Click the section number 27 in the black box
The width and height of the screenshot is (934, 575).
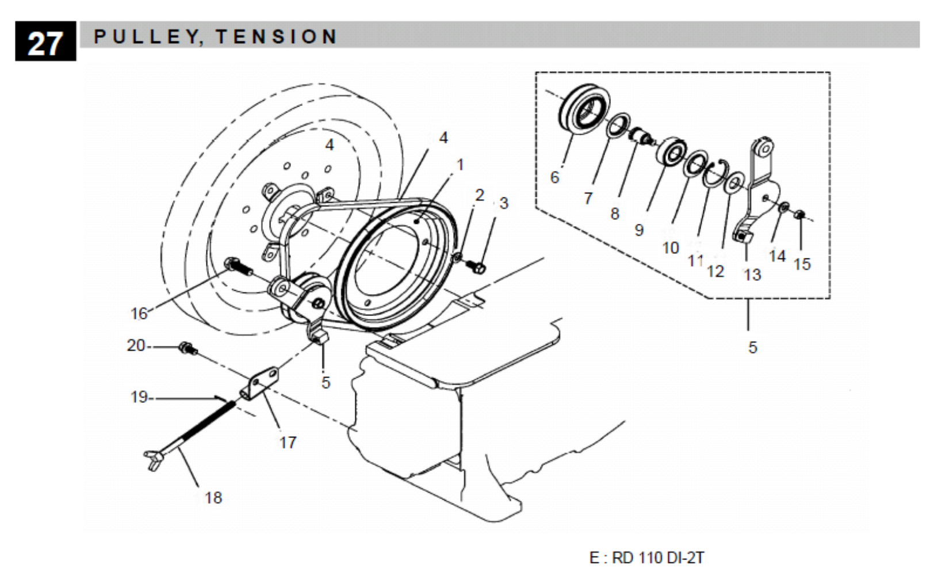(45, 42)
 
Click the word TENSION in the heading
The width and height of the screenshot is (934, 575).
(277, 37)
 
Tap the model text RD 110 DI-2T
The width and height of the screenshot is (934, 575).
(658, 558)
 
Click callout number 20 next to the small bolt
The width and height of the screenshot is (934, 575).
(136, 345)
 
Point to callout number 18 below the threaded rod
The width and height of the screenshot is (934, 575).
(213, 498)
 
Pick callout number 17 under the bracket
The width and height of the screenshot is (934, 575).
(288, 443)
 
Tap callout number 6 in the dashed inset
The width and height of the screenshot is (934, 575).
(554, 177)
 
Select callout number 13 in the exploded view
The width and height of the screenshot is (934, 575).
(752, 275)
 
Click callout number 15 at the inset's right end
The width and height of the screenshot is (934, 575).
(802, 264)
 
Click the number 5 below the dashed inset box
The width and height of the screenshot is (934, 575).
(753, 348)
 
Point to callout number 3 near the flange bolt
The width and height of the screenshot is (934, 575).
(504, 203)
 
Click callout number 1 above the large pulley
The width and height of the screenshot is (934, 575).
(460, 165)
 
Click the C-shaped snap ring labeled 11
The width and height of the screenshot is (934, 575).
(717, 173)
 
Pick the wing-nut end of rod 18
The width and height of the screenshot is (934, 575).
(153, 458)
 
